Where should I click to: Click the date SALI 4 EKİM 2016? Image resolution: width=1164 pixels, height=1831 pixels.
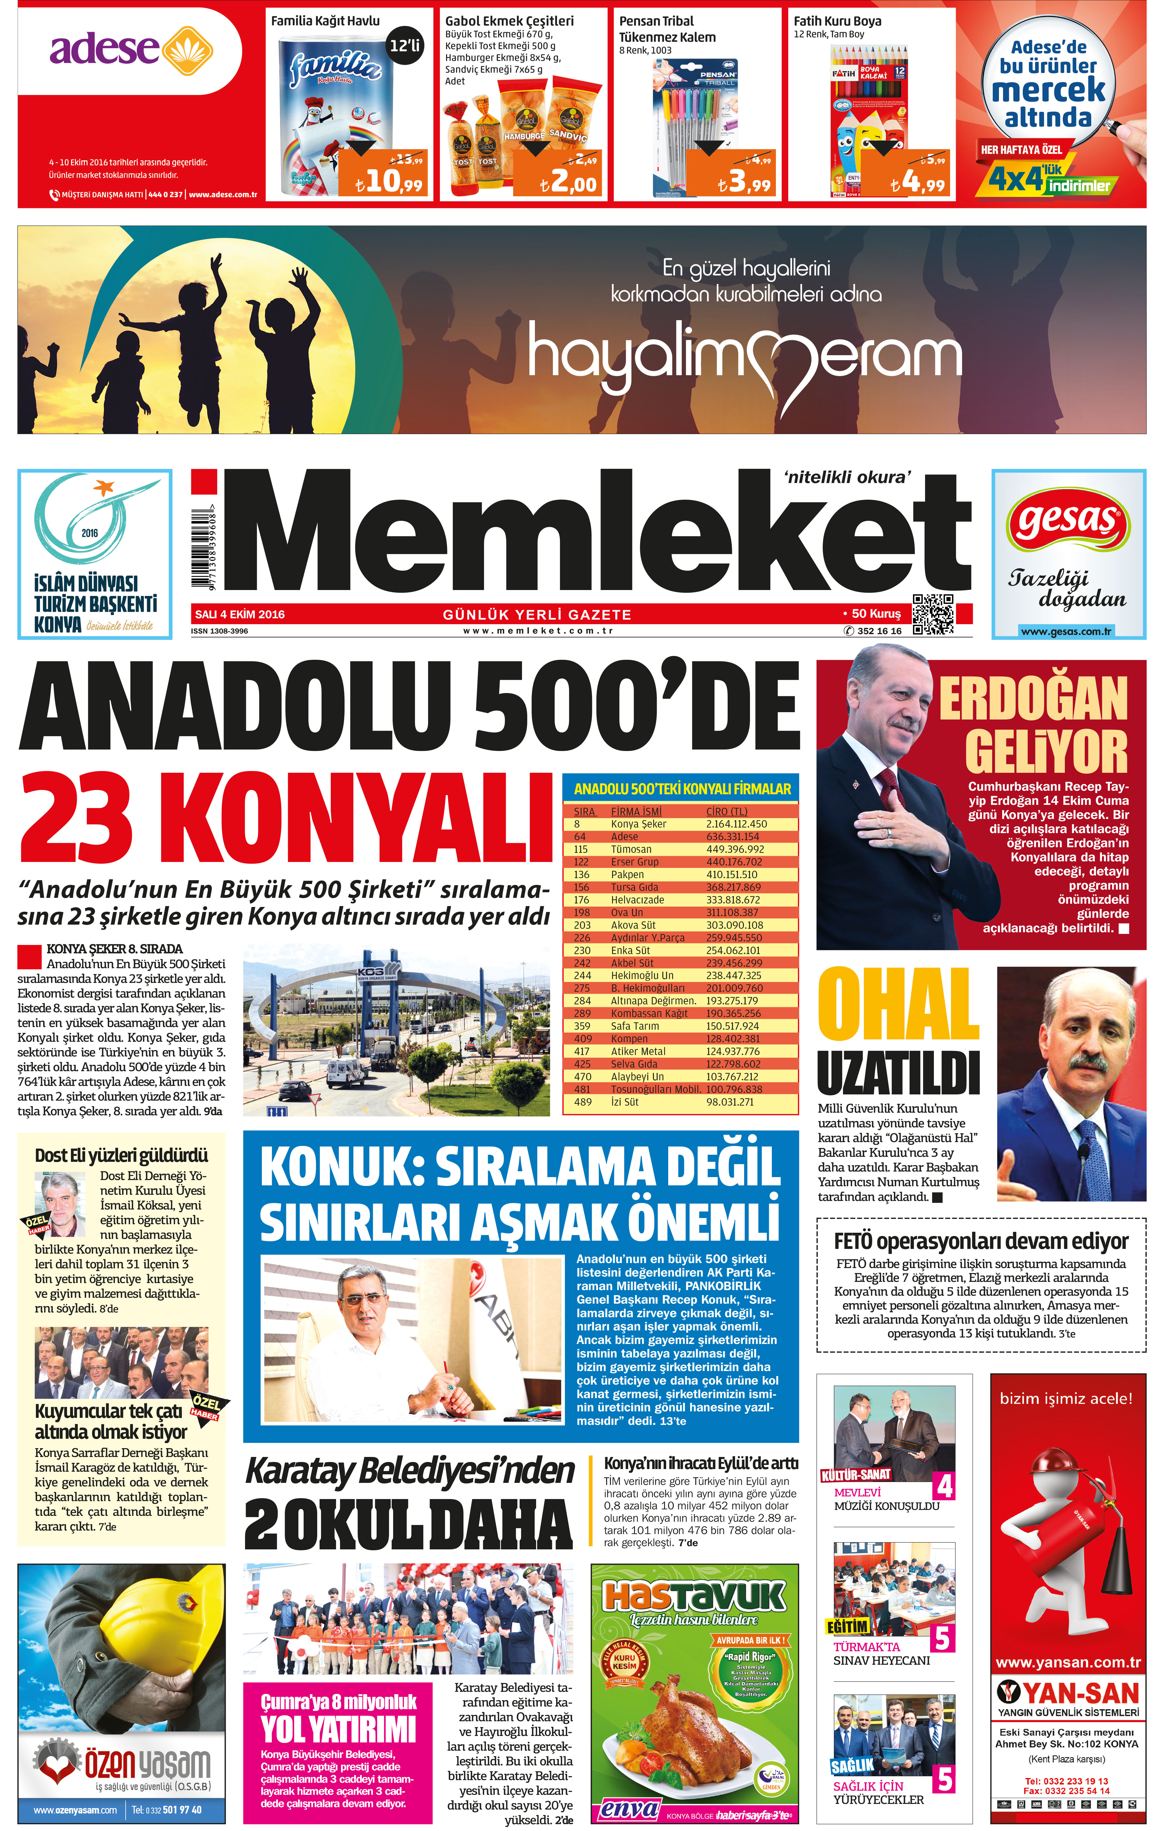pyautogui.click(x=240, y=614)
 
